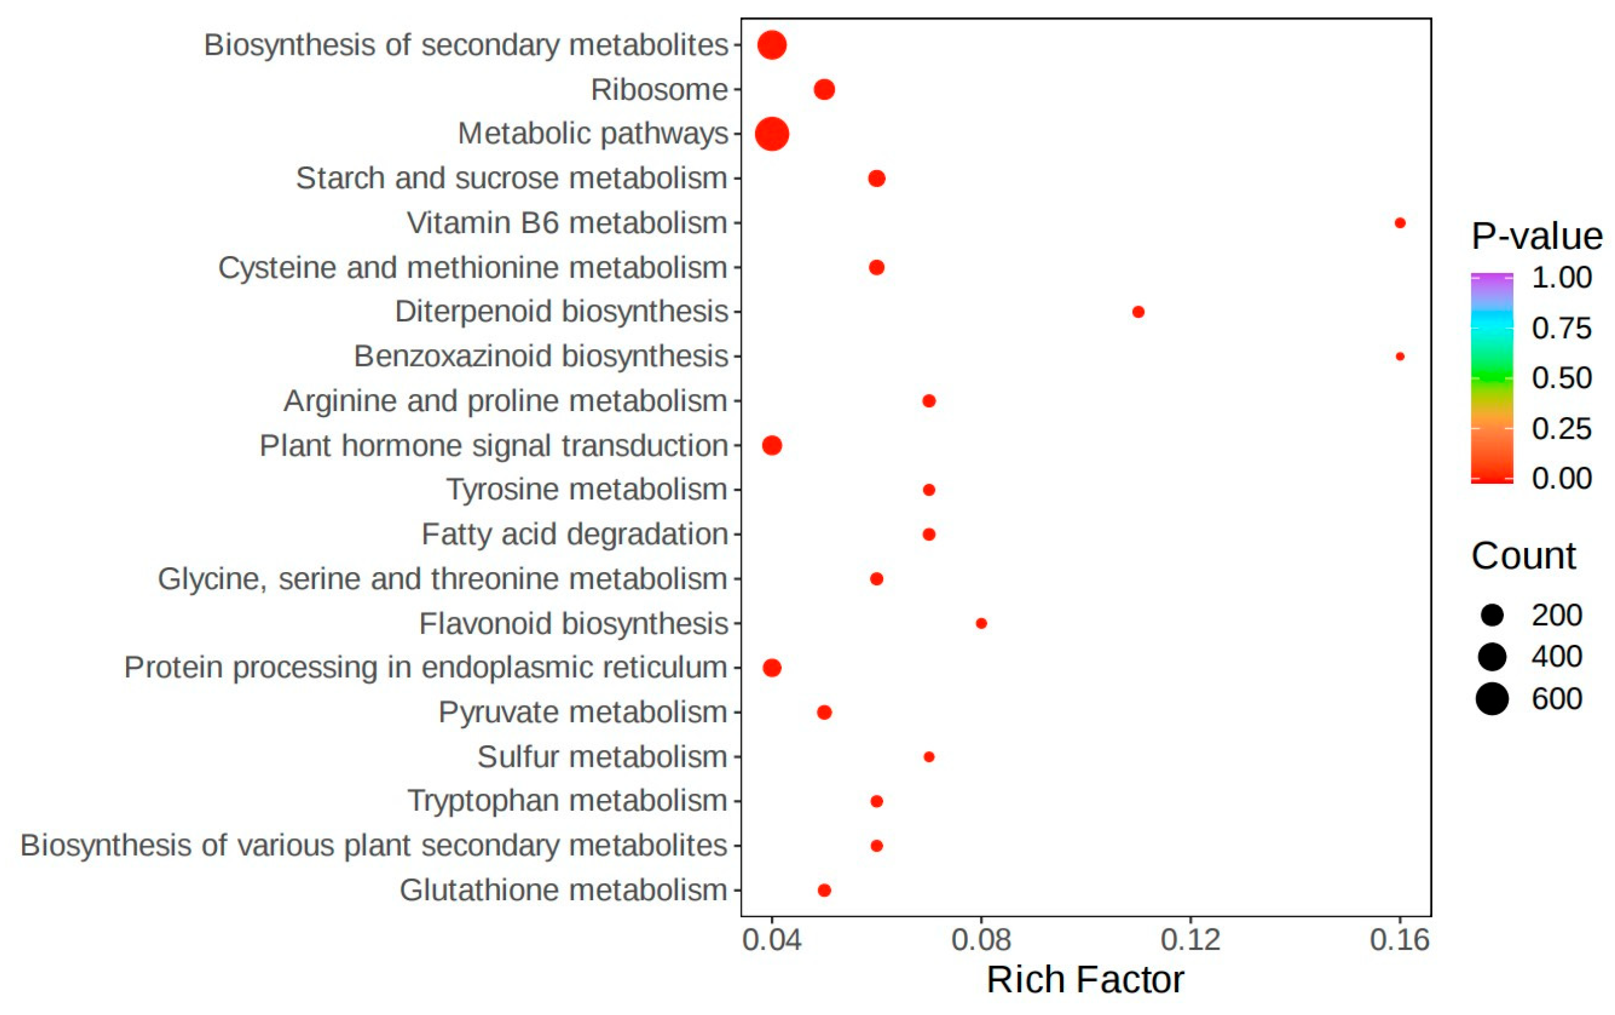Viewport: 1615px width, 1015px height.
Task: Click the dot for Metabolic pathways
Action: pyautogui.click(x=771, y=133)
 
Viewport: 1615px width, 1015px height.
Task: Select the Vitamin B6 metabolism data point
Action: pyautogui.click(x=1399, y=223)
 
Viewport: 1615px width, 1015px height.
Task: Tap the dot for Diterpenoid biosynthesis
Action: pyautogui.click(x=1137, y=311)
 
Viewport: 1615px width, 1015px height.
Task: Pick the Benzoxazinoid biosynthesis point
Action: pyautogui.click(x=1399, y=356)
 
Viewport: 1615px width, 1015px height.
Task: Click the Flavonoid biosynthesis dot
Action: pyautogui.click(x=981, y=623)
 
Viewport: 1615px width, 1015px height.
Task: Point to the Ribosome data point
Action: pyautogui.click(x=824, y=89)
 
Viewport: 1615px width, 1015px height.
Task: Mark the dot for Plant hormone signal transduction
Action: pyautogui.click(x=771, y=445)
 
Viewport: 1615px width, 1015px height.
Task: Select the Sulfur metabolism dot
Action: pyautogui.click(x=928, y=757)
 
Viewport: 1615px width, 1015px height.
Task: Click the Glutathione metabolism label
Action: pyautogui.click(x=564, y=890)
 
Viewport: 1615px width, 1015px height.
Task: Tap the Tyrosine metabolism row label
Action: pyautogui.click(x=587, y=489)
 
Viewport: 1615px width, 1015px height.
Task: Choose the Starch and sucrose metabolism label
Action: pyautogui.click(x=512, y=178)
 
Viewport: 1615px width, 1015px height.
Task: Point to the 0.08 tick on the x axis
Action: pyautogui.click(x=981, y=940)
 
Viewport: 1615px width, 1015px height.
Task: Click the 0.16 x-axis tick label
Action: pyautogui.click(x=1399, y=940)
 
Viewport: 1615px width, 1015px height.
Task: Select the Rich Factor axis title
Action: pyautogui.click(x=1085, y=980)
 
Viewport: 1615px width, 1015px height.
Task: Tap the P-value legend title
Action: pyautogui.click(x=1536, y=236)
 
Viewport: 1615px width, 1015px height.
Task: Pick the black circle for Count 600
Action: pyautogui.click(x=1492, y=699)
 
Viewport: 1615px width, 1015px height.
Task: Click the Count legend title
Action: pyautogui.click(x=1523, y=555)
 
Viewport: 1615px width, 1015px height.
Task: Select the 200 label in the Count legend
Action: pyautogui.click(x=1557, y=615)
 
